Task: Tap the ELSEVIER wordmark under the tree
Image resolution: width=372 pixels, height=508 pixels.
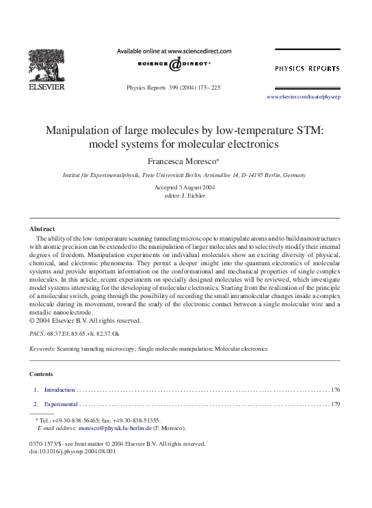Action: tap(46, 87)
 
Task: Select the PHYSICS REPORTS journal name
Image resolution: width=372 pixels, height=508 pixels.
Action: tap(307, 69)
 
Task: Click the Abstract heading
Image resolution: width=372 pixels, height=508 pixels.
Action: tap(42, 228)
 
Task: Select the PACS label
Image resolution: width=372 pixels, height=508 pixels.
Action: tap(37, 333)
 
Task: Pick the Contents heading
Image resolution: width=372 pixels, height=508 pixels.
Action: tap(42, 374)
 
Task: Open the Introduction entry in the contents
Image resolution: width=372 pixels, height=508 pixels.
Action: tap(59, 390)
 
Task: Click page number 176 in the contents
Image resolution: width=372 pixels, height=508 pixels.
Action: tap(335, 390)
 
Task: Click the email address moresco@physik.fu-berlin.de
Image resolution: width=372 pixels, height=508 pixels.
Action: tap(114, 428)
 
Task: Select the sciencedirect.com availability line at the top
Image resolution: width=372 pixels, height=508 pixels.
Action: tap(174, 51)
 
